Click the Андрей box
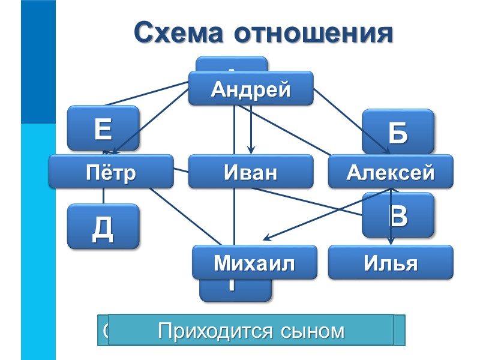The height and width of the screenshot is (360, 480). pyautogui.click(x=251, y=89)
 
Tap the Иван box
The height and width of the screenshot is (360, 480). pyautogui.click(x=251, y=172)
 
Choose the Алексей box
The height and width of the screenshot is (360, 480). pyautogui.click(x=391, y=172)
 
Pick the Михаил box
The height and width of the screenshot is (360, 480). pyautogui.click(x=254, y=262)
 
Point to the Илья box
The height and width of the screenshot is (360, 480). pyautogui.click(x=391, y=263)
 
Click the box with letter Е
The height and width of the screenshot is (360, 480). pyautogui.click(x=103, y=128)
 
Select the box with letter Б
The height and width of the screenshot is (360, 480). pyautogui.click(x=398, y=131)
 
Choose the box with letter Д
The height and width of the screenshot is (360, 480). pyautogui.click(x=103, y=227)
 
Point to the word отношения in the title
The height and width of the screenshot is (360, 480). pyautogui.click(x=314, y=32)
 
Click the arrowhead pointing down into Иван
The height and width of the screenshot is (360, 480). pyautogui.click(x=251, y=151)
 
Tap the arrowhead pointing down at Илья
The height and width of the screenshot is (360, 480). pyautogui.click(x=391, y=241)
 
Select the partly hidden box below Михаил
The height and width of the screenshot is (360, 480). pyautogui.click(x=235, y=290)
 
